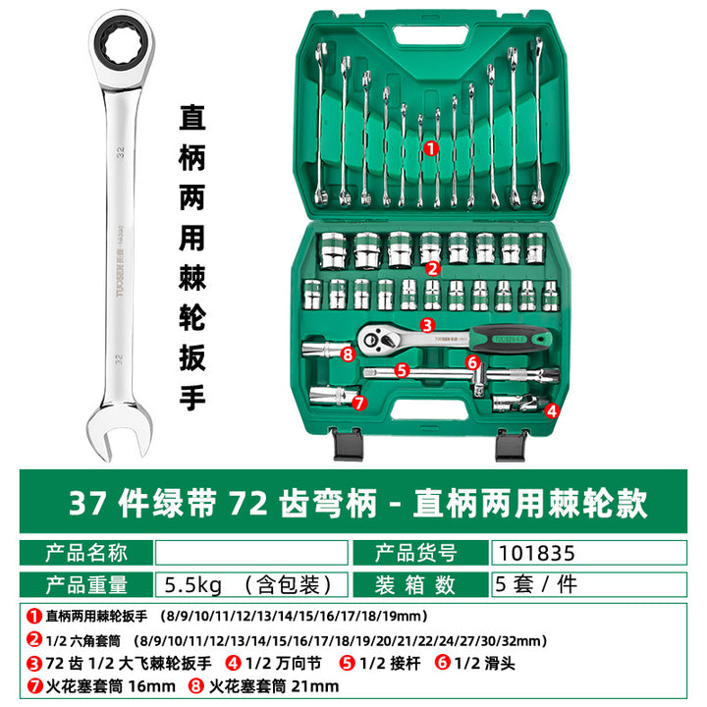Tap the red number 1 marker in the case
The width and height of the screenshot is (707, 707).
(x=431, y=148)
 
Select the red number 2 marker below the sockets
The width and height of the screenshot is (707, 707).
(x=432, y=269)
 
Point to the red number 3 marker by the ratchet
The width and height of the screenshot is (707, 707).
(x=427, y=325)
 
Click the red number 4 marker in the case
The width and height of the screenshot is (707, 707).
(x=552, y=410)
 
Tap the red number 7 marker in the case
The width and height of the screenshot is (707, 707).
(x=359, y=403)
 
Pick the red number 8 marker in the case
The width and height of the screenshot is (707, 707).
(x=348, y=354)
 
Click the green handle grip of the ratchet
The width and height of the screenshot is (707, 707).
(x=511, y=338)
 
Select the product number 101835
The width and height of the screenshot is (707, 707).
(x=536, y=553)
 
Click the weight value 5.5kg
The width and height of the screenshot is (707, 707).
(x=193, y=585)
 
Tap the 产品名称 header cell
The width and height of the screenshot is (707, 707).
(x=86, y=553)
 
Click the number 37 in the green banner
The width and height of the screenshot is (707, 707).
(x=88, y=503)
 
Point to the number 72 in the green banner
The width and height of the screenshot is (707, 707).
(x=248, y=503)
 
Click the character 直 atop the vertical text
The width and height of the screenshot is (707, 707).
(x=192, y=118)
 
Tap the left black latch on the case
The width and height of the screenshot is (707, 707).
(x=348, y=445)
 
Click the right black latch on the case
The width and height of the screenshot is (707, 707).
(x=511, y=445)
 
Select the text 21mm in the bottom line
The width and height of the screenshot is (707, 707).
(x=315, y=686)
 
